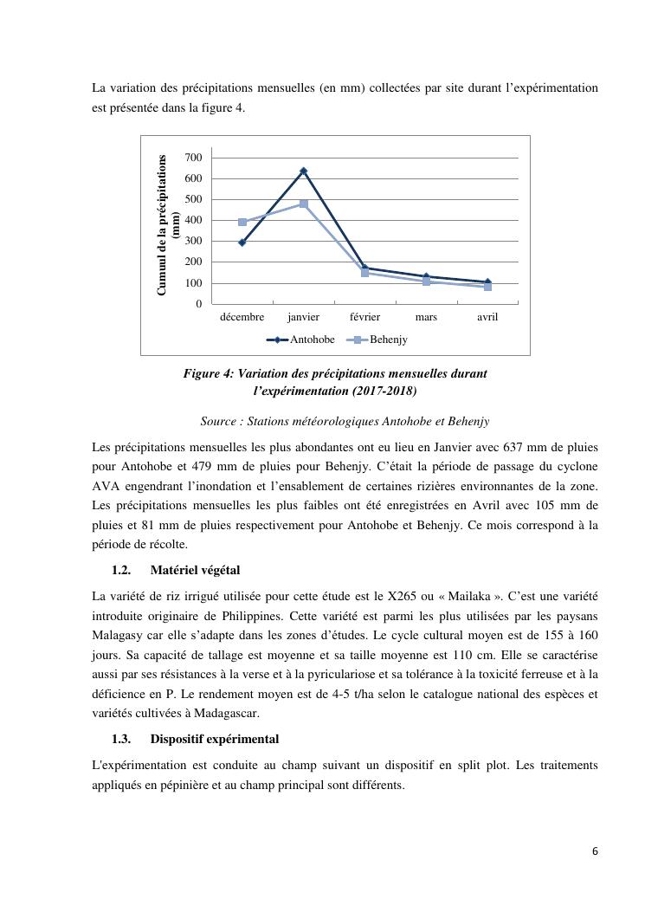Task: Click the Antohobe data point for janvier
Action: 303,171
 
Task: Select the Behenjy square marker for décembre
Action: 242,223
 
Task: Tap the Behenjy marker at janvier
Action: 303,204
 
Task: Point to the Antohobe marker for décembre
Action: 242,243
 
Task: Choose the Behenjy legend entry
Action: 388,340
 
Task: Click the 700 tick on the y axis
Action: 192,158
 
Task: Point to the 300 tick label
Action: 192,241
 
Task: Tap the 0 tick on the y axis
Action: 198,304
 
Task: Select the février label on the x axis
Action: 364,317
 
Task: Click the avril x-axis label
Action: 487,317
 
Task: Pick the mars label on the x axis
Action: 426,317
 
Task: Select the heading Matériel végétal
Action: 195,570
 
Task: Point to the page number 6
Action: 595,851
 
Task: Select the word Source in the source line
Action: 219,422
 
